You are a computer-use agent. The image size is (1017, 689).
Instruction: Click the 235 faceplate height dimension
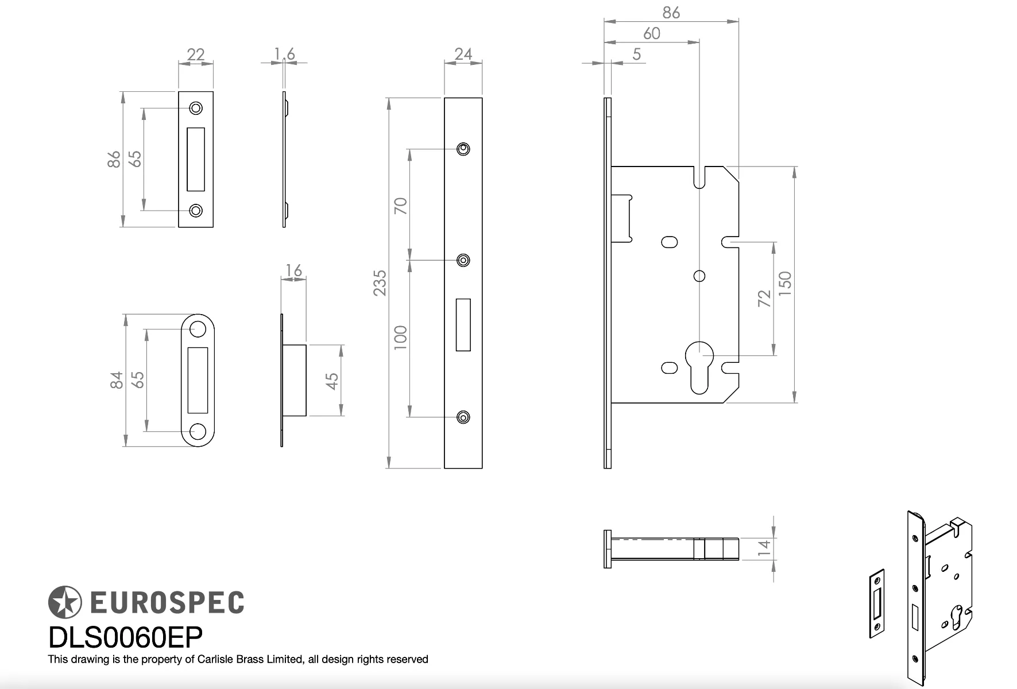pos(380,282)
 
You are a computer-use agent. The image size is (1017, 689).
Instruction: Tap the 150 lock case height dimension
pos(785,284)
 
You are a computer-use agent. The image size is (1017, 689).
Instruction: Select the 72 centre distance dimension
pos(764,298)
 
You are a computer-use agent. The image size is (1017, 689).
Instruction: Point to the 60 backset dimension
pos(652,33)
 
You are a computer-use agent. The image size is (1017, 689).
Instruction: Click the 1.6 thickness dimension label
pos(284,54)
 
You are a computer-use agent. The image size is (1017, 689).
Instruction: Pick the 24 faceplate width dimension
pos(463,54)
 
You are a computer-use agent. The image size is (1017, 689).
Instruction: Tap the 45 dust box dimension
pos(332,381)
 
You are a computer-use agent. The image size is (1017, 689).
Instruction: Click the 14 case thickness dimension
pos(764,547)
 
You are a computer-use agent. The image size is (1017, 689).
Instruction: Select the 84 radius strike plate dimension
pos(117,380)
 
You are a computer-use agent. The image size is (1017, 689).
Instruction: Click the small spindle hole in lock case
pos(699,276)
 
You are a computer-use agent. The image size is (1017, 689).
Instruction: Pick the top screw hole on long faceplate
pos(463,149)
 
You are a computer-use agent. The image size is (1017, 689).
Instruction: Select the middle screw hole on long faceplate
pos(463,261)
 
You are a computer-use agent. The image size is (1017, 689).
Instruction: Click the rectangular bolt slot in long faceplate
pos(463,324)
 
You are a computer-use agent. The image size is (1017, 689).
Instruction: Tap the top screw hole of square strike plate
pos(196,108)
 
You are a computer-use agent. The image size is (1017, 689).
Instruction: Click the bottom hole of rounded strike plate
pos(198,431)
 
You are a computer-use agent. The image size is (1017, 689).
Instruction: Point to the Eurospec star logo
pos(64,602)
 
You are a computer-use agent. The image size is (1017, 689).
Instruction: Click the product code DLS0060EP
pos(125,637)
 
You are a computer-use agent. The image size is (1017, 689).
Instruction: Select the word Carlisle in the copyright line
pos(216,659)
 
